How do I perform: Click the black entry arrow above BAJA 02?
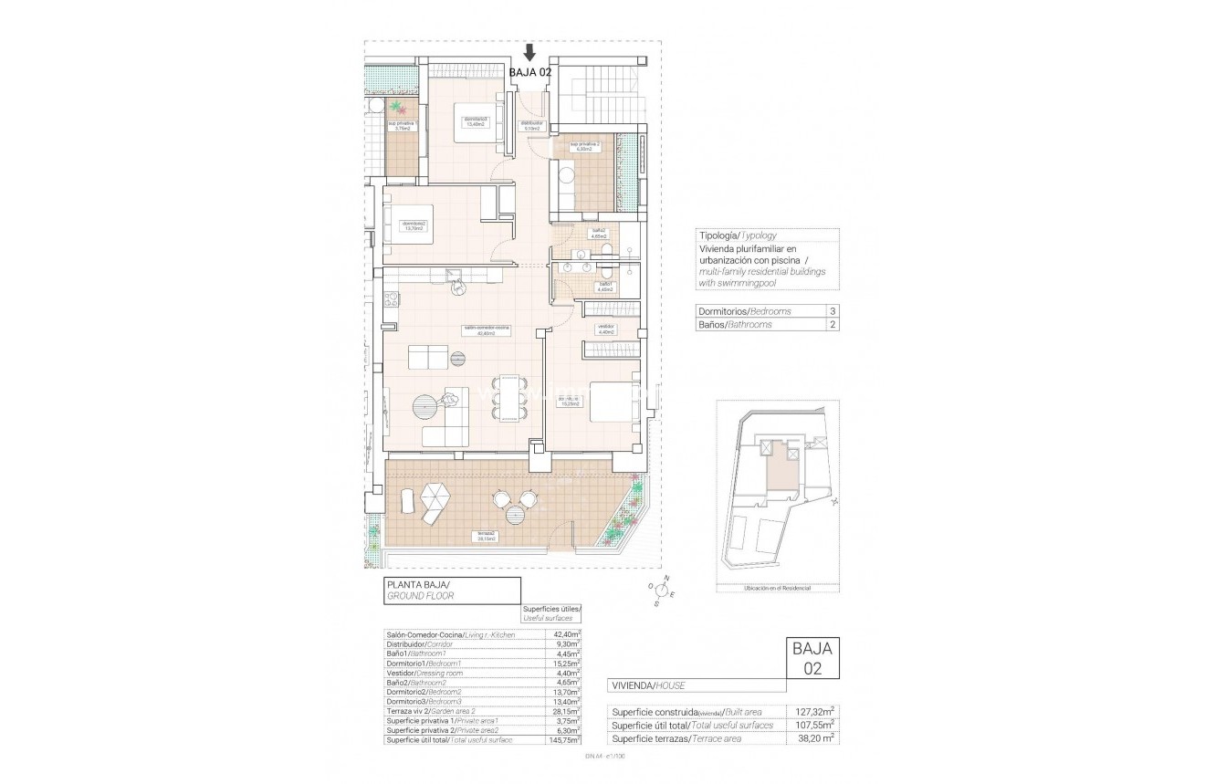529,53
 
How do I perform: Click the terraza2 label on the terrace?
485,536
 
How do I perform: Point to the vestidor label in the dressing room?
605,329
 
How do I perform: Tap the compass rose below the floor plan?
661,591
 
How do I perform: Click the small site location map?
776,497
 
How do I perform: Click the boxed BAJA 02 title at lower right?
812,658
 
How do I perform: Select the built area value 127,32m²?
815,712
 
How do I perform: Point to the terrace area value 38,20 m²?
815,738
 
